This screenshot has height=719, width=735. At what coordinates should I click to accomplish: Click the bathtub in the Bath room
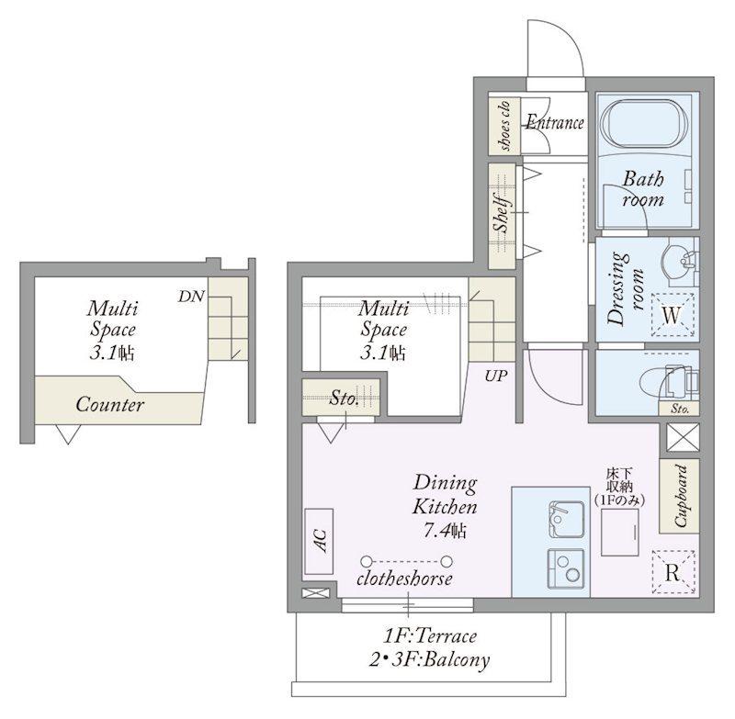click(x=644, y=124)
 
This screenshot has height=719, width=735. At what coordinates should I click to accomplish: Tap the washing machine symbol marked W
click(x=672, y=315)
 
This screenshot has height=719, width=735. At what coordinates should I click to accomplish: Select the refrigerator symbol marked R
click(x=673, y=572)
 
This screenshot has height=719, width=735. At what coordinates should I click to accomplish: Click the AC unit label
click(x=320, y=540)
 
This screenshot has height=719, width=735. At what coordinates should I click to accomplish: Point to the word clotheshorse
click(x=404, y=579)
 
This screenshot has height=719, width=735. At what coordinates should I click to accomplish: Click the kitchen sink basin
click(x=566, y=519)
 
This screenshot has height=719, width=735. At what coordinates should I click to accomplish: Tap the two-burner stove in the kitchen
click(x=566, y=567)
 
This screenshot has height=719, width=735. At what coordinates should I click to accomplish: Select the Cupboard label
click(x=680, y=496)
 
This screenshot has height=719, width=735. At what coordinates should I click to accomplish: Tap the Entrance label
click(x=555, y=122)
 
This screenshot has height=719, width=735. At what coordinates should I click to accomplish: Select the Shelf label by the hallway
click(x=503, y=214)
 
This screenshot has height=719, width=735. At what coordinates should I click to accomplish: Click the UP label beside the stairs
click(x=496, y=376)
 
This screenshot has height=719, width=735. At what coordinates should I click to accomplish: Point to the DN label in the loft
click(x=191, y=296)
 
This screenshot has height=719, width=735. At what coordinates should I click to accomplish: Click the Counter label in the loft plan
click(x=109, y=405)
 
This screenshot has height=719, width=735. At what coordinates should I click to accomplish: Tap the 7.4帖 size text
click(x=446, y=531)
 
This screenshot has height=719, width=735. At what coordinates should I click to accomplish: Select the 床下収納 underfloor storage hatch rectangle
click(x=619, y=532)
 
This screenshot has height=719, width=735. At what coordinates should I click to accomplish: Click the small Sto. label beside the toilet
click(x=680, y=409)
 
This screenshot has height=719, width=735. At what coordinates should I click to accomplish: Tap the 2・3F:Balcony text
click(x=429, y=660)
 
